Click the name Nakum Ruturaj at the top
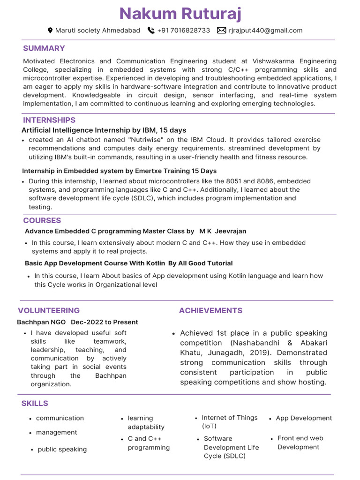point(180,14)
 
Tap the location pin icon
point(51,30)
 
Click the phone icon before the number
point(151,30)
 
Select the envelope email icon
point(221,30)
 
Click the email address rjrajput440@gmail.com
point(265,30)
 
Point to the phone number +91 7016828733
point(184,30)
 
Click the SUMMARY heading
point(44,48)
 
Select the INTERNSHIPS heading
point(49,120)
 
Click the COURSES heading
point(42,220)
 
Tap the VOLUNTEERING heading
point(49,310)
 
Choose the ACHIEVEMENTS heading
point(210,310)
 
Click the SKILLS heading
point(35,403)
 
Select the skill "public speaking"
point(62,449)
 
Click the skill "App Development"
point(304,418)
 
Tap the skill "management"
point(57,432)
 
